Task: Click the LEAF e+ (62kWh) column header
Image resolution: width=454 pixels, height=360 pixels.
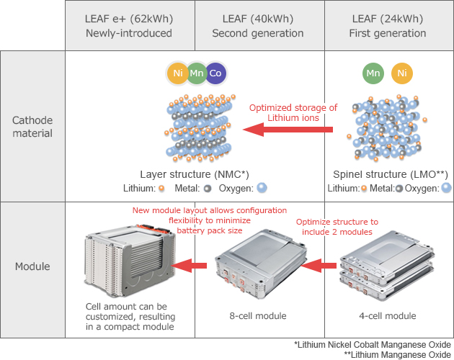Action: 129,26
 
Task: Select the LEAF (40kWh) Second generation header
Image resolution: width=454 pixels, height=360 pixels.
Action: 258,26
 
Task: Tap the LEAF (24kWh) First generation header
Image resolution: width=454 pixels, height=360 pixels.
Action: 389,26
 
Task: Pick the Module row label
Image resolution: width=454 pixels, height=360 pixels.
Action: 32,267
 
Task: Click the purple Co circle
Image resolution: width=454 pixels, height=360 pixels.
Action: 215,73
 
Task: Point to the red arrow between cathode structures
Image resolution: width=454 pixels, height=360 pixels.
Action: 288,130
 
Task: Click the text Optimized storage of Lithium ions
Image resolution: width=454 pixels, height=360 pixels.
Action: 293,113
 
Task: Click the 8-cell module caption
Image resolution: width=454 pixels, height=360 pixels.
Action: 257,315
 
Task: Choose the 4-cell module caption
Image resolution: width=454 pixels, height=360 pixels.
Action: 387,315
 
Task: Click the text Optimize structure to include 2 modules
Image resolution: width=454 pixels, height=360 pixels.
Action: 337,227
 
